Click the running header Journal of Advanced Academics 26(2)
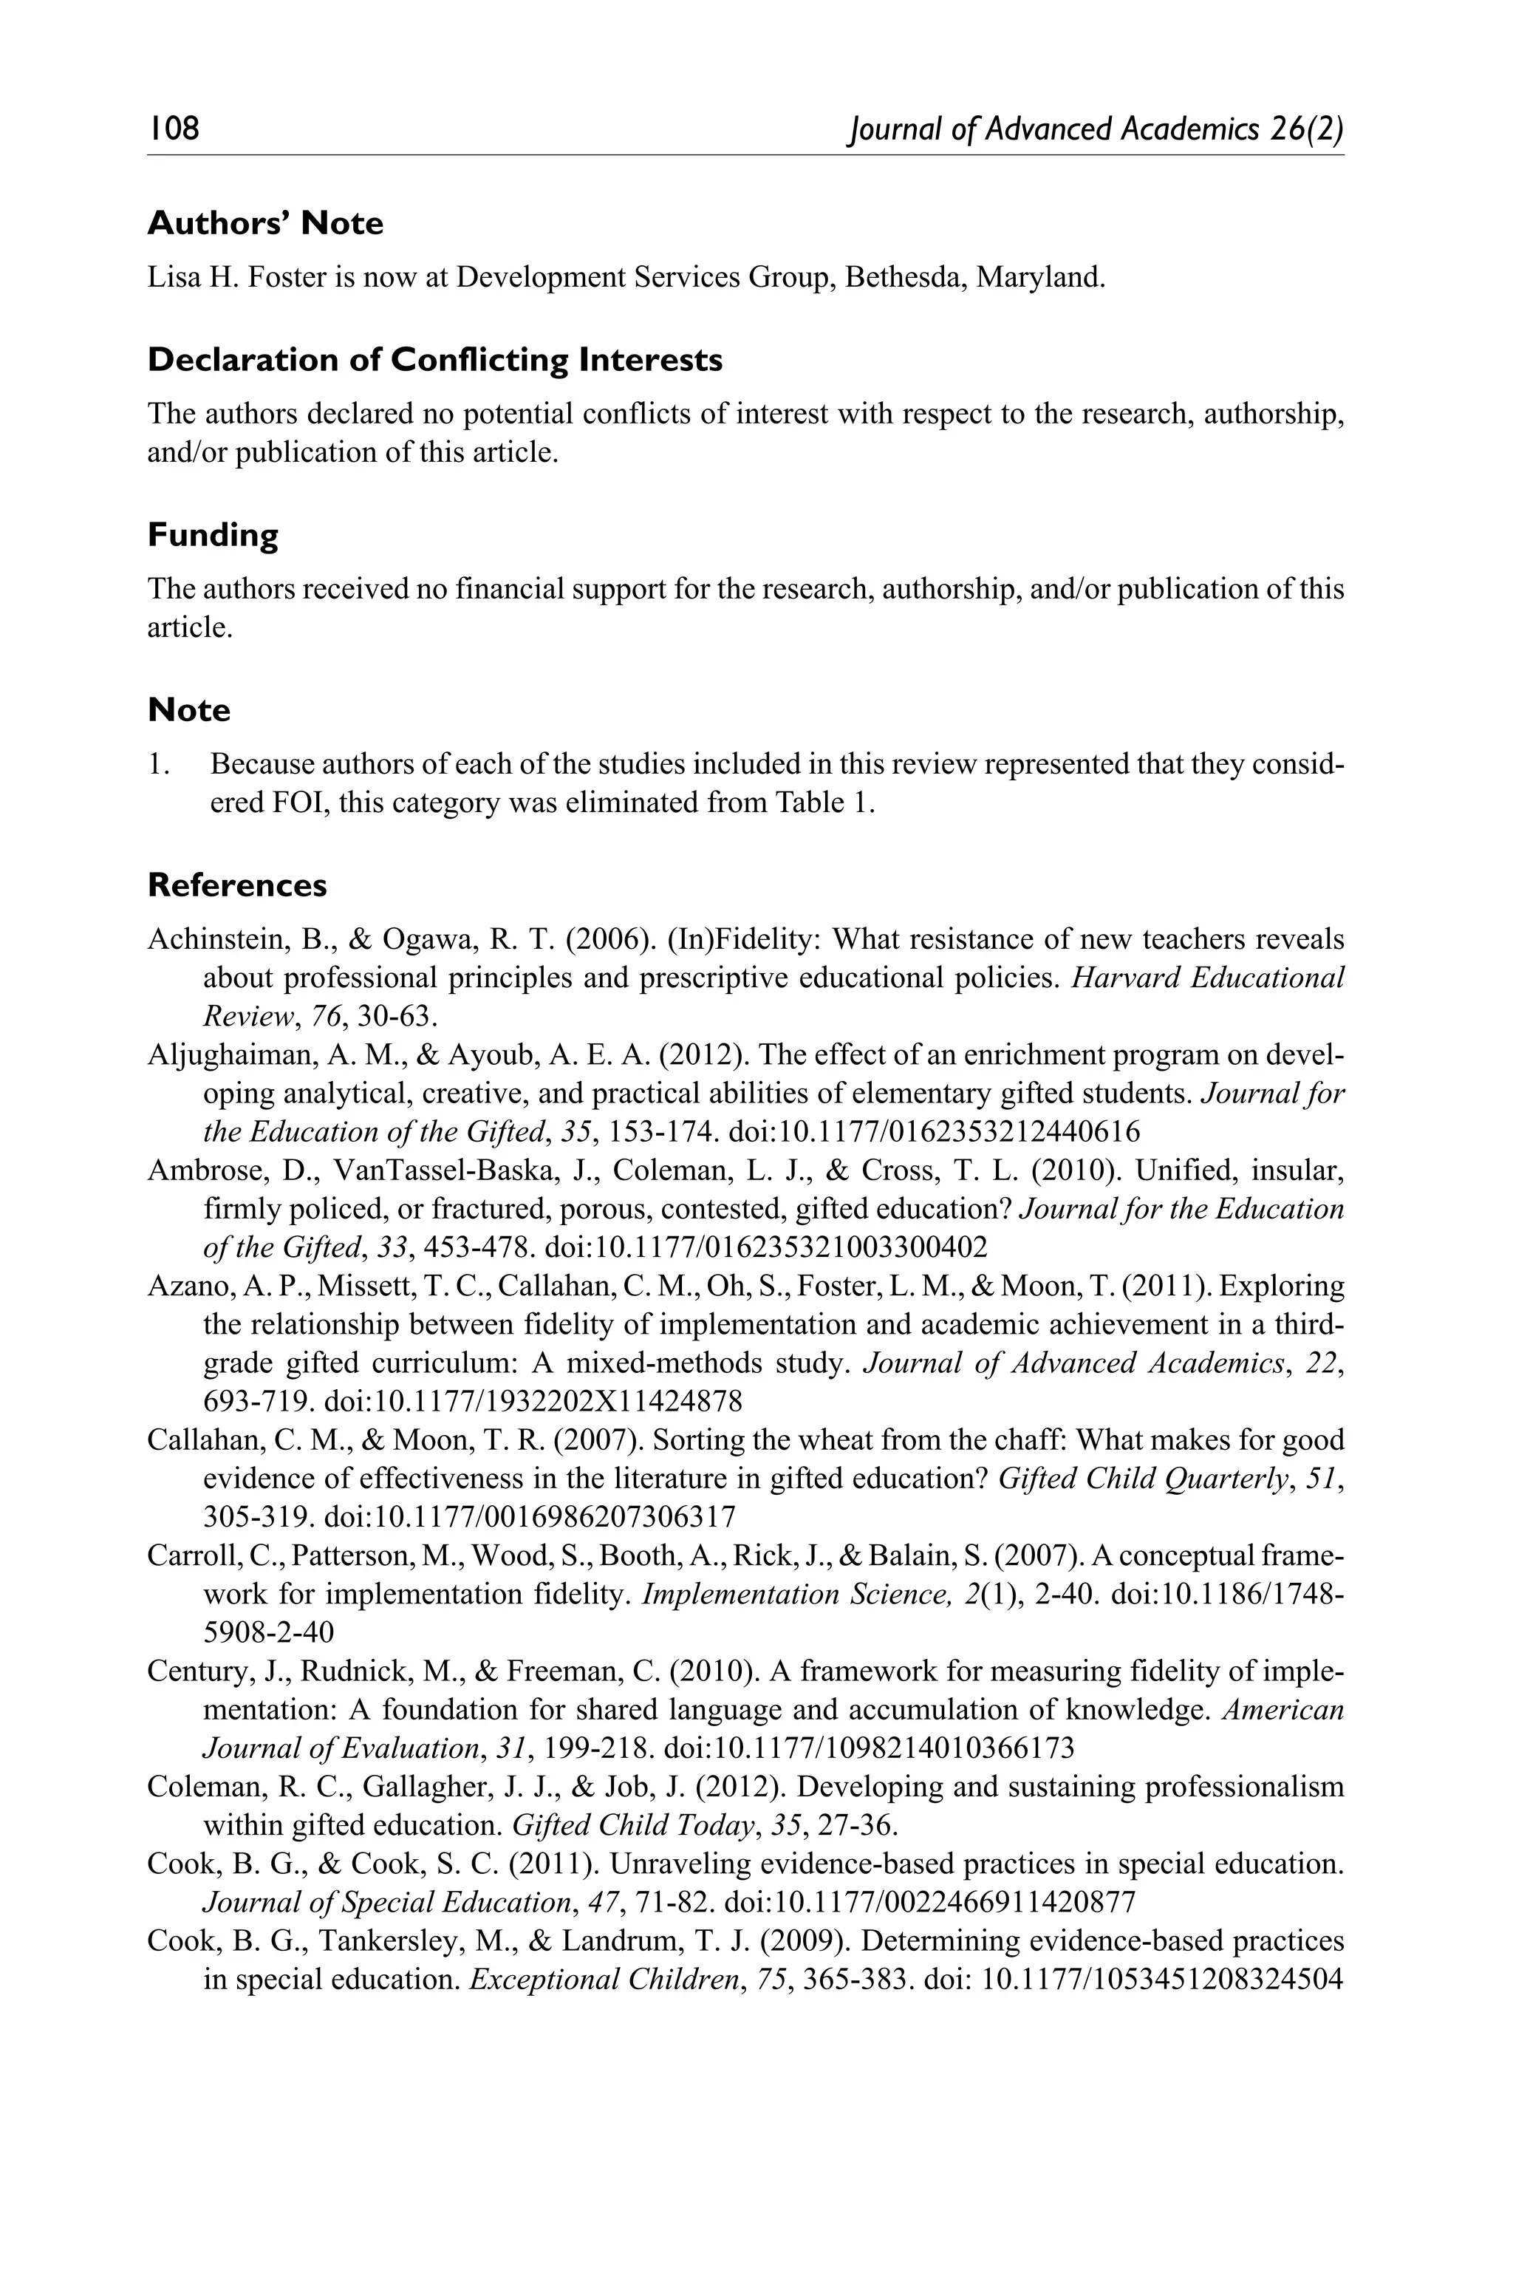pos(1095,129)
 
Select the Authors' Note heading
pos(265,223)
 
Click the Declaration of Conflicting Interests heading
pos(434,360)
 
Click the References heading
pos(237,885)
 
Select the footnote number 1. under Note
pos(160,764)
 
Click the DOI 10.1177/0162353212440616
pos(935,1131)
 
